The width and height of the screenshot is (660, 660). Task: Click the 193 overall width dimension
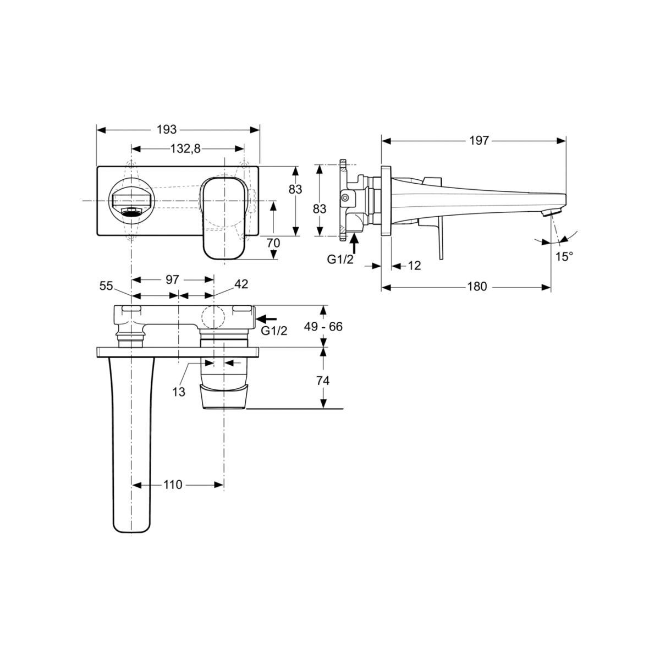167,129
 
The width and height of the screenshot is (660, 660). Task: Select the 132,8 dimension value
185,148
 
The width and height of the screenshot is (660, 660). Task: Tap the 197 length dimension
479,140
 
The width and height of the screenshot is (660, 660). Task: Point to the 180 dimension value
477,287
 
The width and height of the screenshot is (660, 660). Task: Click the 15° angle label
564,256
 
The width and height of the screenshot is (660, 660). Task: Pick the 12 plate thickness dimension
415,266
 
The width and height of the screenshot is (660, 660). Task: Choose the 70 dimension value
273,243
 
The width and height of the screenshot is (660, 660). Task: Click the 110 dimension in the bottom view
173,485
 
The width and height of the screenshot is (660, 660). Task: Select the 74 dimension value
323,380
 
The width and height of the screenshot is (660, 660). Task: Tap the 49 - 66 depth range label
323,326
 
